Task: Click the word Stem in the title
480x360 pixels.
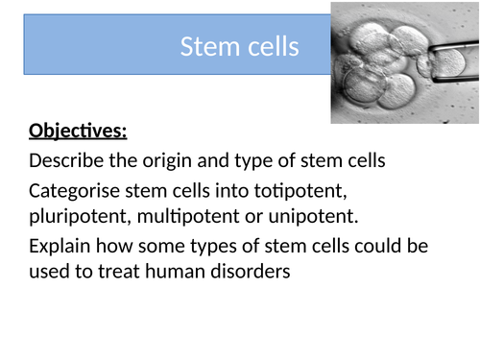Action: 204,46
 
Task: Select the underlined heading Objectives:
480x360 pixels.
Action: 78,131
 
